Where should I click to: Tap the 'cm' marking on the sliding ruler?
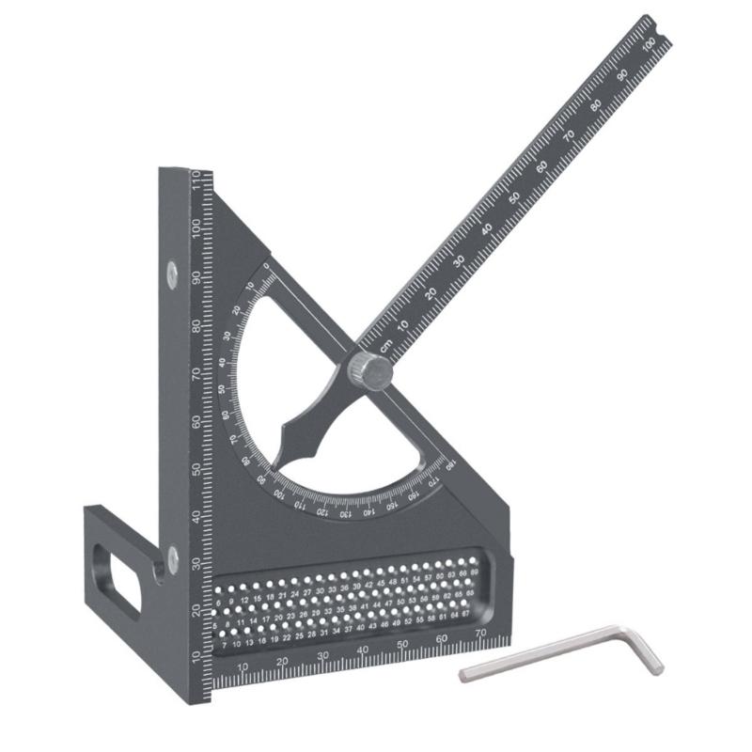point(384,345)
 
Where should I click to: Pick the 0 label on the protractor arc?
point(266,267)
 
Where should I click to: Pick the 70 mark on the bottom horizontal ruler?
point(481,634)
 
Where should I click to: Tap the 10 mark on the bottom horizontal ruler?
point(243,666)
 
